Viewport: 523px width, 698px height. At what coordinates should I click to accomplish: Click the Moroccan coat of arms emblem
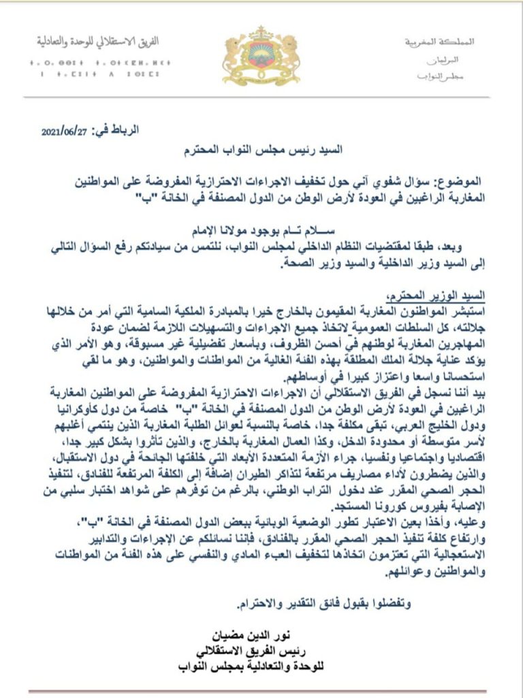261,56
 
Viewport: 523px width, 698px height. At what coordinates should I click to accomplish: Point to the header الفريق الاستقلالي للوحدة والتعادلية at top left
98,41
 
